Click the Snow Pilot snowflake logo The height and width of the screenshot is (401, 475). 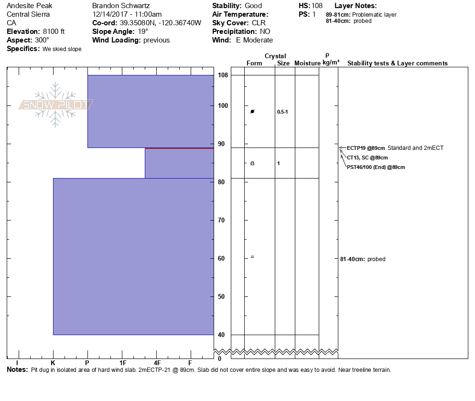click(56, 105)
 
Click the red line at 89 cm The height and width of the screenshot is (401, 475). click(179, 148)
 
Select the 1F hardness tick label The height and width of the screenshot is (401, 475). click(123, 363)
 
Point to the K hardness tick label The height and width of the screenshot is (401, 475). click(53, 363)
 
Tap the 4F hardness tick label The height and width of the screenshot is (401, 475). click(157, 363)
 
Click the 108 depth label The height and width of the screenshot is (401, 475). click(223, 75)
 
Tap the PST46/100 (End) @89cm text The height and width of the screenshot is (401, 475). click(376, 167)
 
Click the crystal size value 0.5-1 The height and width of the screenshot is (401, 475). click(282, 112)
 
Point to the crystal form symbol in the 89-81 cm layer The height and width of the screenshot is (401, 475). click(252, 163)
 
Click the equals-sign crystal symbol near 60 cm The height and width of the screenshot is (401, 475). click(252, 257)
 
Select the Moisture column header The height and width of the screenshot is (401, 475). click(307, 63)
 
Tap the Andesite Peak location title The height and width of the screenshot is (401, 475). click(30, 6)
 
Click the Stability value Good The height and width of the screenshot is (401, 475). click(253, 6)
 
